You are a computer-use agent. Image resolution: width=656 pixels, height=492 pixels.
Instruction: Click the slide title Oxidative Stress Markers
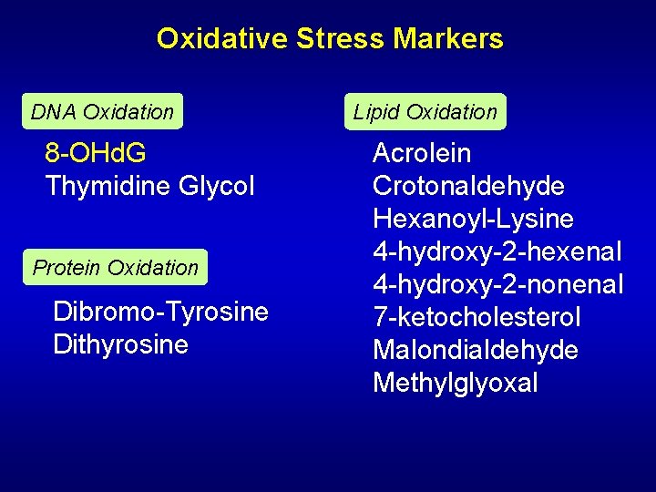pos(329,38)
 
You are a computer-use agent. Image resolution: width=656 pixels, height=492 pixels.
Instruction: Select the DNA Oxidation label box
pos(102,112)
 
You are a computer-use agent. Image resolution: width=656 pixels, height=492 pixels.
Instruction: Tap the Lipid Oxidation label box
pos(425,112)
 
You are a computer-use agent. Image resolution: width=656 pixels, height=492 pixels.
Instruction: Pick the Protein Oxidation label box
pos(115,268)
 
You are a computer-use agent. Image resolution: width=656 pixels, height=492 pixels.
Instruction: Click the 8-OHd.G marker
pos(96,153)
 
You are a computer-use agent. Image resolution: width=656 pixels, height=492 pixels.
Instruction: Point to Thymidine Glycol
pos(149,186)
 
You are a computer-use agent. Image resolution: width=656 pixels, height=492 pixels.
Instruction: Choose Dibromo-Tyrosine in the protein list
pos(160,312)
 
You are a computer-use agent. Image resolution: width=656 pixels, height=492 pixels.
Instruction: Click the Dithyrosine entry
pos(120,344)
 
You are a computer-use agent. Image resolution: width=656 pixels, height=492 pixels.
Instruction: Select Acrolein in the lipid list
pos(422,153)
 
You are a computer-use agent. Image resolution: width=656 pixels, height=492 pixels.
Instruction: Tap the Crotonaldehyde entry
pos(468,186)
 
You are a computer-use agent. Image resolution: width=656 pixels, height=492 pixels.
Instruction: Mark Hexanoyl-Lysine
pos(473,219)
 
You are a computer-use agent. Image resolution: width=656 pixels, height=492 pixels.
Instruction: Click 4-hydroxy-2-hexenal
pos(497,251)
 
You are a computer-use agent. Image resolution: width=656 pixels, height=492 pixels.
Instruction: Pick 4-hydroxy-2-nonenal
pos(497,284)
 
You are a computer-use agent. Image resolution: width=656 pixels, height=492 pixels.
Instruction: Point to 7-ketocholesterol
pos(477,317)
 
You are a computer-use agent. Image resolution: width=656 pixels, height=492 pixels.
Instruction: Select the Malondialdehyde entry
pos(475,350)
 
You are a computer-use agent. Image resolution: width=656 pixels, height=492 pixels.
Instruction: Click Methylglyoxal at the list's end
pos(455,383)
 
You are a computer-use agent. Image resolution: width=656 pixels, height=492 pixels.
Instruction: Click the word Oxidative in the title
pos(221,38)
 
